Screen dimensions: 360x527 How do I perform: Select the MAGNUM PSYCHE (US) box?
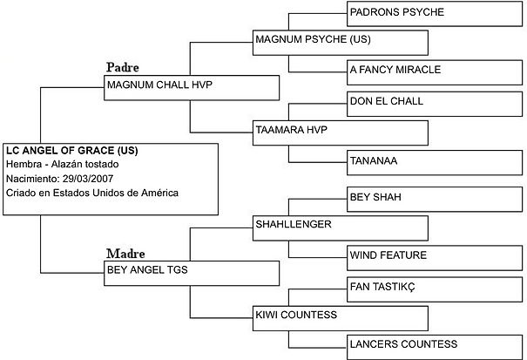pyautogui.click(x=340, y=41)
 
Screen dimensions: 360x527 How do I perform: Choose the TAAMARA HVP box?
pyautogui.click(x=340, y=132)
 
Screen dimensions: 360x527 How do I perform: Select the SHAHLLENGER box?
pyautogui.click(x=340, y=226)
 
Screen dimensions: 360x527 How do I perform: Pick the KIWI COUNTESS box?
pyautogui.click(x=340, y=316)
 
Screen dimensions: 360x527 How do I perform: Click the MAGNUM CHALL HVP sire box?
pyautogui.click(x=191, y=86)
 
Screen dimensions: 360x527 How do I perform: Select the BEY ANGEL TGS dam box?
pyautogui.click(x=191, y=271)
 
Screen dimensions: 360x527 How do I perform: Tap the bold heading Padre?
pyautogui.click(x=123, y=67)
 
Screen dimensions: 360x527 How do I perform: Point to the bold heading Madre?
pyautogui.click(x=125, y=253)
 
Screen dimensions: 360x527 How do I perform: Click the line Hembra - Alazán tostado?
pyautogui.click(x=62, y=165)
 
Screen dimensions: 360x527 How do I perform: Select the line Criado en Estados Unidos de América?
pyautogui.click(x=91, y=193)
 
